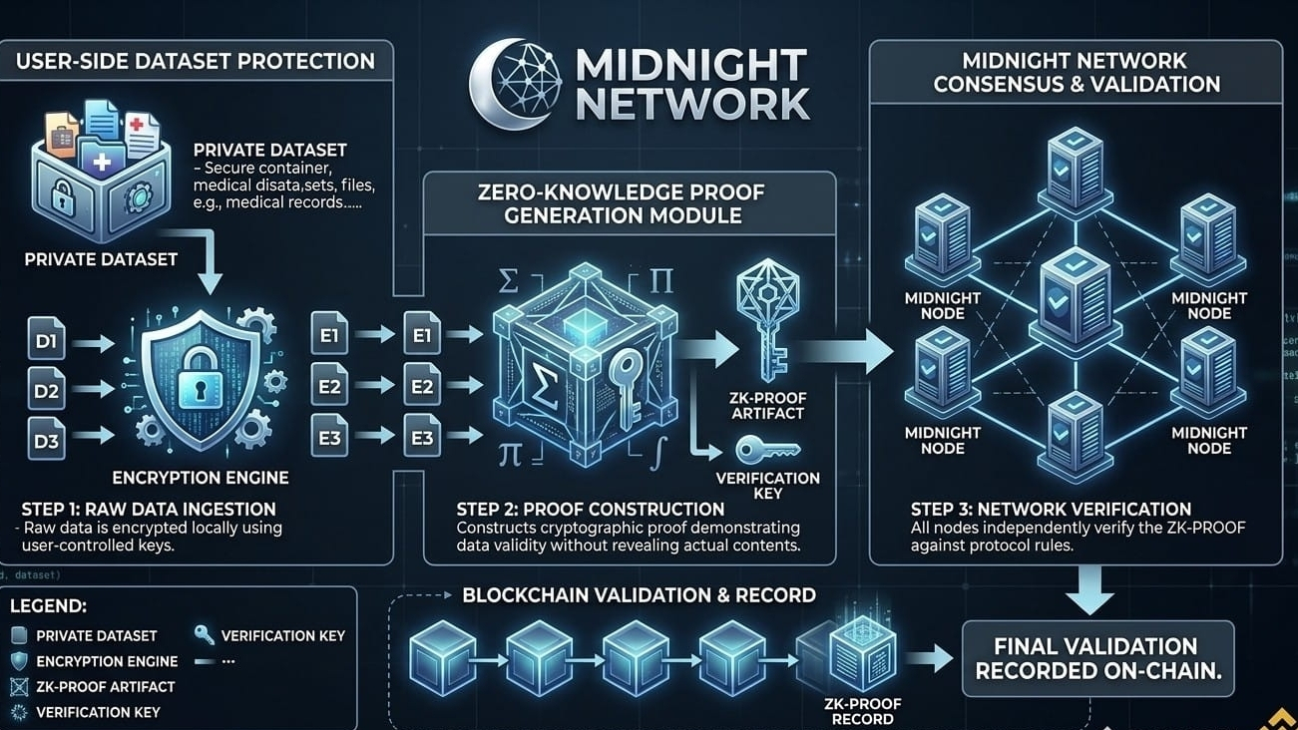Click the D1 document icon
(x=46, y=343)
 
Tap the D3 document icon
(x=46, y=438)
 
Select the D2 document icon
(x=46, y=391)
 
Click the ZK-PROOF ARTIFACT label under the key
(x=769, y=406)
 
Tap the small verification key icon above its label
(x=768, y=451)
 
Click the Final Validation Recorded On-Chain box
(x=1097, y=658)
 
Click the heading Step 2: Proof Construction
(x=591, y=510)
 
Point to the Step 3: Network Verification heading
(x=1051, y=510)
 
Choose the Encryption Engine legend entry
(x=107, y=661)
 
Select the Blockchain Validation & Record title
(x=639, y=596)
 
